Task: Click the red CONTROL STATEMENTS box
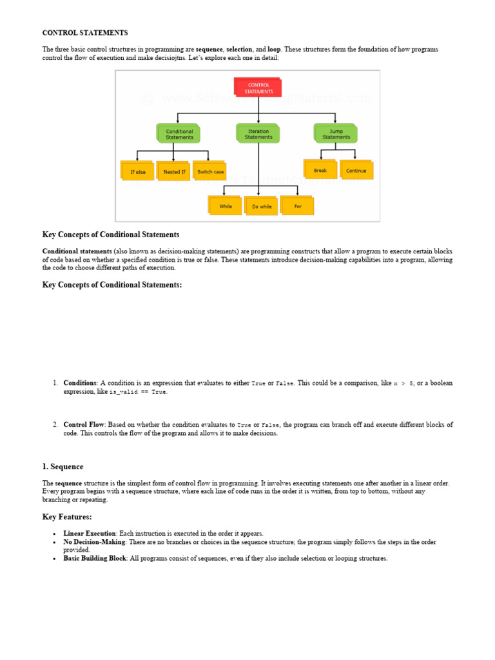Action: click(x=258, y=88)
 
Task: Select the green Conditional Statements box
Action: click(x=179, y=134)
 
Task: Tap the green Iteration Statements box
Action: click(x=258, y=134)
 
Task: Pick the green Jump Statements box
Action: click(x=336, y=134)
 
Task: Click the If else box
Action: click(x=138, y=171)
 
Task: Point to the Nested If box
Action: click(x=174, y=171)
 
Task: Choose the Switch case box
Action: click(x=210, y=171)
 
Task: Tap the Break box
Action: click(x=320, y=170)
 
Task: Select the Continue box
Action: click(x=356, y=170)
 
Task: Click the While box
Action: click(x=226, y=206)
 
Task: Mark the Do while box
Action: click(x=262, y=206)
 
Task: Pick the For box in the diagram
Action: click(x=297, y=206)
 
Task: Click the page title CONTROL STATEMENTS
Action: click(x=85, y=33)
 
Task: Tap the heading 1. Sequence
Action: click(x=63, y=467)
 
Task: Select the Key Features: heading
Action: click(x=67, y=517)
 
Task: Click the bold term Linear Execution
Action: click(x=90, y=534)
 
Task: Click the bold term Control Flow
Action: click(x=84, y=425)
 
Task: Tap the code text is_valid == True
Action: click(x=138, y=392)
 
